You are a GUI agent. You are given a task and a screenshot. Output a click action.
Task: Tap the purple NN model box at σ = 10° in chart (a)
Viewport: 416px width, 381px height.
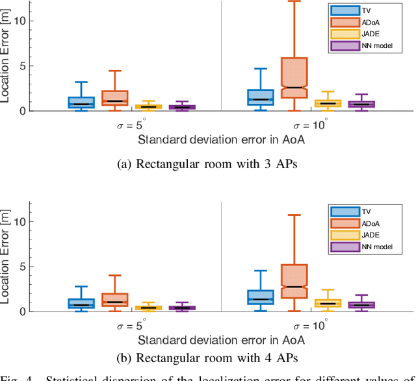361,104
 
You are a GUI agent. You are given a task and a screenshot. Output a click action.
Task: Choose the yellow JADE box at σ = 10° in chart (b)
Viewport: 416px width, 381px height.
328,303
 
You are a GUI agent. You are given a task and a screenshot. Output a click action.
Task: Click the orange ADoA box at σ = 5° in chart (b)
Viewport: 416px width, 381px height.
114,299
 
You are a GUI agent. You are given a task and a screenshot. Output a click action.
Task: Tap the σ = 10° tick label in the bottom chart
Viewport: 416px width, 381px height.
309,326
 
